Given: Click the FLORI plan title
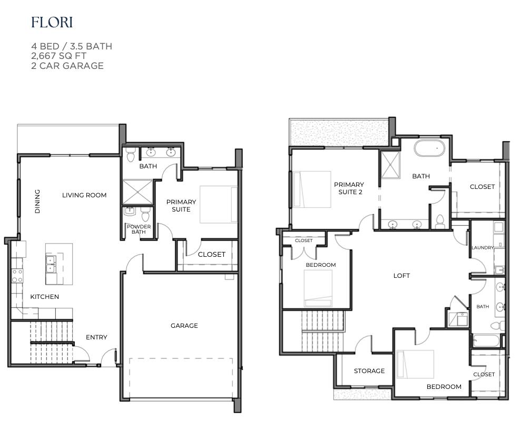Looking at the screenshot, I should pos(52,23).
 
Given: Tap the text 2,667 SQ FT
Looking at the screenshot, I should pos(58,56).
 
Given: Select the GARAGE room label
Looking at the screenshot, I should pos(184,326).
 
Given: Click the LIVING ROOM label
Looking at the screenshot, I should pos(84,195).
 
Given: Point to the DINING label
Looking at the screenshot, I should pos(37,202).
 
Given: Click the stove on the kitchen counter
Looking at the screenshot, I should pos(17,276).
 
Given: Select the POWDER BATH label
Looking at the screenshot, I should pos(139,229).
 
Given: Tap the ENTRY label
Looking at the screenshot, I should pos(96,337).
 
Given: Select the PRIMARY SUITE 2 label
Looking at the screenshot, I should pos(349,188).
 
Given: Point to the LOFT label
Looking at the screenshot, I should pos(401,276).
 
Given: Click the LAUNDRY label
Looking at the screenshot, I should pos(482,248).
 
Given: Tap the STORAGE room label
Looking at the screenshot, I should pos(369,371).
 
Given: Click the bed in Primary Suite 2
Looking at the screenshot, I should pos(312,189).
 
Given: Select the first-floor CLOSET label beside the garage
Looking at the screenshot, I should pos(211,254).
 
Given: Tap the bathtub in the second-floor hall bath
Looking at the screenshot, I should pos(485,341).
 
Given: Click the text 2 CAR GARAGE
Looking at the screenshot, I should pos(67,66).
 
